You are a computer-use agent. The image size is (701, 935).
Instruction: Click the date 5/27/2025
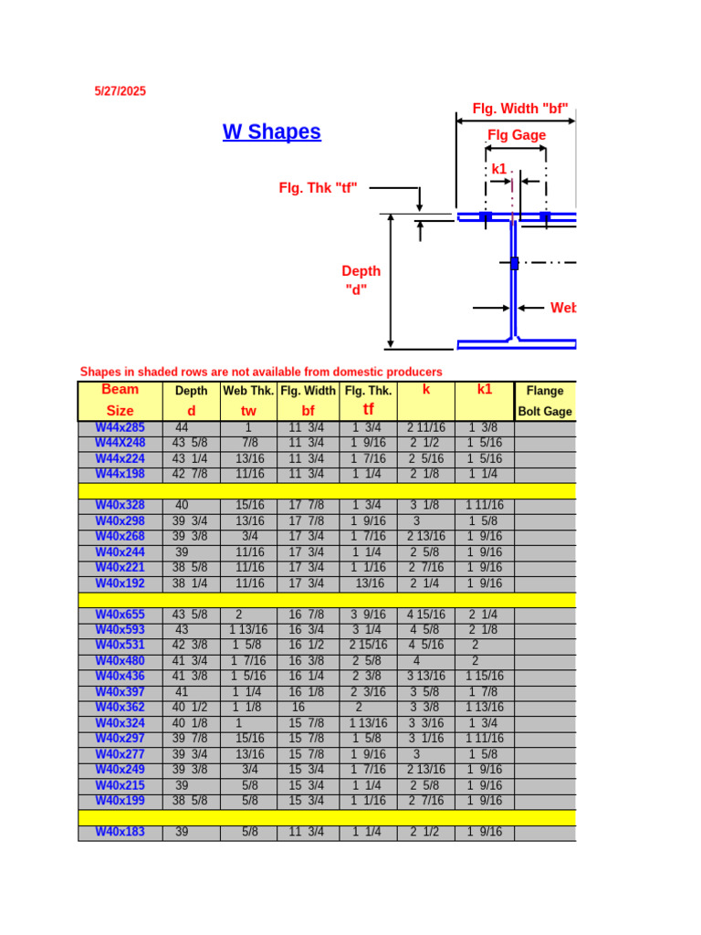[120, 91]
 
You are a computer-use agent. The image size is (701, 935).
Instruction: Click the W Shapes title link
[272, 131]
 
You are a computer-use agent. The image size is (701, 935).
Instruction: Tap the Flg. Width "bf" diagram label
[520, 109]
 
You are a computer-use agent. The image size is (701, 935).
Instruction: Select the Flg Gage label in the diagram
[517, 135]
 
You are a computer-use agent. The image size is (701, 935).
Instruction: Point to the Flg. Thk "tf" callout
[318, 187]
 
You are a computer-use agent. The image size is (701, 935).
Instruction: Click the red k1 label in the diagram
[498, 169]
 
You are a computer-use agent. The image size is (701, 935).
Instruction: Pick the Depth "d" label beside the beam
[361, 280]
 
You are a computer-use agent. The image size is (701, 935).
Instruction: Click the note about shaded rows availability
[261, 372]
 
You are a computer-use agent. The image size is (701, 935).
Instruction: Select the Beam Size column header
[120, 400]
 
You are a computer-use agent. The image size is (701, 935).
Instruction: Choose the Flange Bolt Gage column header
[545, 401]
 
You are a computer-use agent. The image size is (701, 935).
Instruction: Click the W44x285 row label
[120, 427]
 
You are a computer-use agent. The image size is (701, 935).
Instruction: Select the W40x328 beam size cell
[120, 505]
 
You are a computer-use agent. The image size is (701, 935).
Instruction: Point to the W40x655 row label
[120, 615]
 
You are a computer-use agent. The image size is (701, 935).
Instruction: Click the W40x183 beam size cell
[120, 832]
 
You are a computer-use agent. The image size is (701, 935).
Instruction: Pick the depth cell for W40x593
[191, 630]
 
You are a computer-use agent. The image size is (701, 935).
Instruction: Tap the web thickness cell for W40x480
[248, 661]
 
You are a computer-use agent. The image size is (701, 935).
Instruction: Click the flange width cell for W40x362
[308, 708]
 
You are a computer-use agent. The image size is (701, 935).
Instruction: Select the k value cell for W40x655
[426, 615]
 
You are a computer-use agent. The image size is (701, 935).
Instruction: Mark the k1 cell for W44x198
[484, 474]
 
